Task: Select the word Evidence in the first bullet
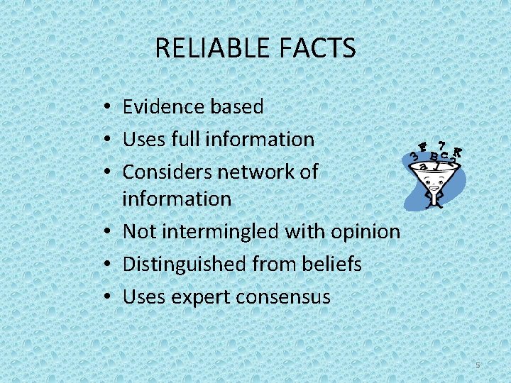(x=164, y=106)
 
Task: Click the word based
(x=237, y=106)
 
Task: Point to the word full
(x=185, y=139)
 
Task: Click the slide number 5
(x=478, y=365)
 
